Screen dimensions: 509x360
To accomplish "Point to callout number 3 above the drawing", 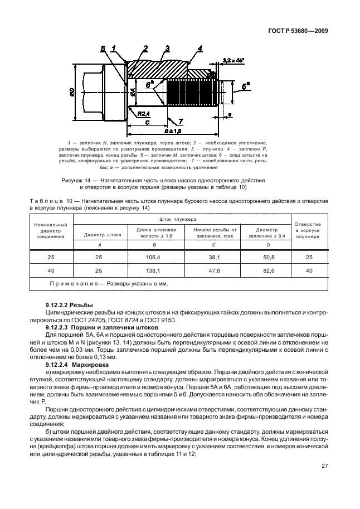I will (x=167, y=49).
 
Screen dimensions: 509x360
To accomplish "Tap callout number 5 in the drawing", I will (x=103, y=49).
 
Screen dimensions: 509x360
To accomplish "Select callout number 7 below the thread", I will (x=181, y=121).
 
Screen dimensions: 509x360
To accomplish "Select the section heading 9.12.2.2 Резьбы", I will (x=69, y=306).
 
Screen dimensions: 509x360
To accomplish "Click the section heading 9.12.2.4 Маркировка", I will (x=74, y=364).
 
